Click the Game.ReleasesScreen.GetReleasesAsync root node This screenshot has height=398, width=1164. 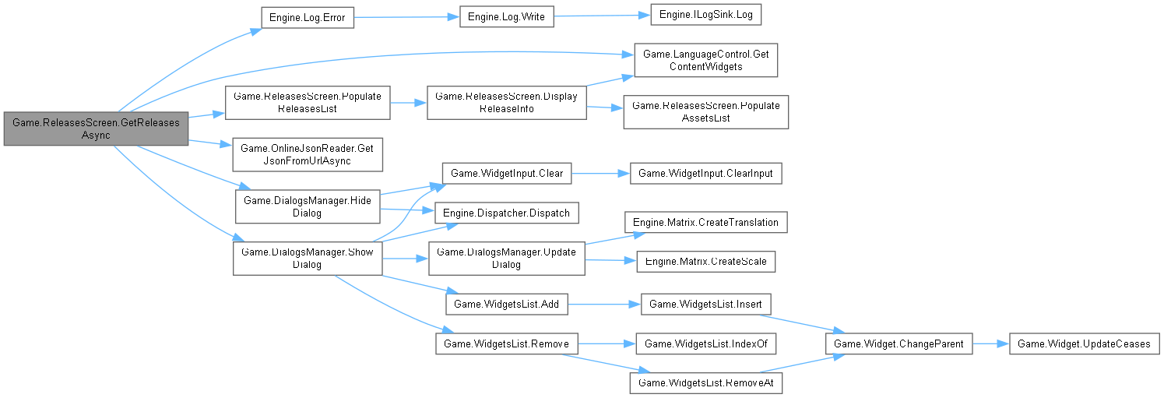[95, 129]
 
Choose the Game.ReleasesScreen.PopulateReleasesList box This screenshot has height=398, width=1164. [307, 103]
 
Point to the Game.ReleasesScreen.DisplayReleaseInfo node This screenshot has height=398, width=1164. [506, 103]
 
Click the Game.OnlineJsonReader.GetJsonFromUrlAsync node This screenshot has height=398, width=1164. [308, 155]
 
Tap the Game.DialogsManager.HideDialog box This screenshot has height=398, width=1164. [308, 207]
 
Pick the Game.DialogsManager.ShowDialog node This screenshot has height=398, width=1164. [308, 258]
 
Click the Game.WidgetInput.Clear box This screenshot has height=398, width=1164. [506, 173]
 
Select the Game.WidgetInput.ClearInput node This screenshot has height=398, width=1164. [705, 173]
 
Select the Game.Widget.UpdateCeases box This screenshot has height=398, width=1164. [1084, 343]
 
